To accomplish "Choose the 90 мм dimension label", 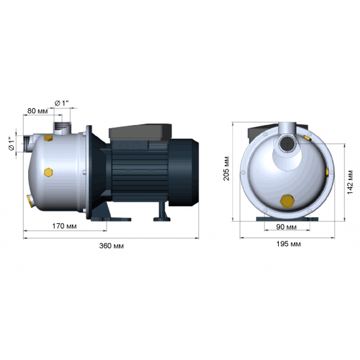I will pos(285,226).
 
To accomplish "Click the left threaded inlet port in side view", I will pos(28,143).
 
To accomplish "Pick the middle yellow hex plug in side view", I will pos(47,172).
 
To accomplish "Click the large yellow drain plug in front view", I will pos(286,200).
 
